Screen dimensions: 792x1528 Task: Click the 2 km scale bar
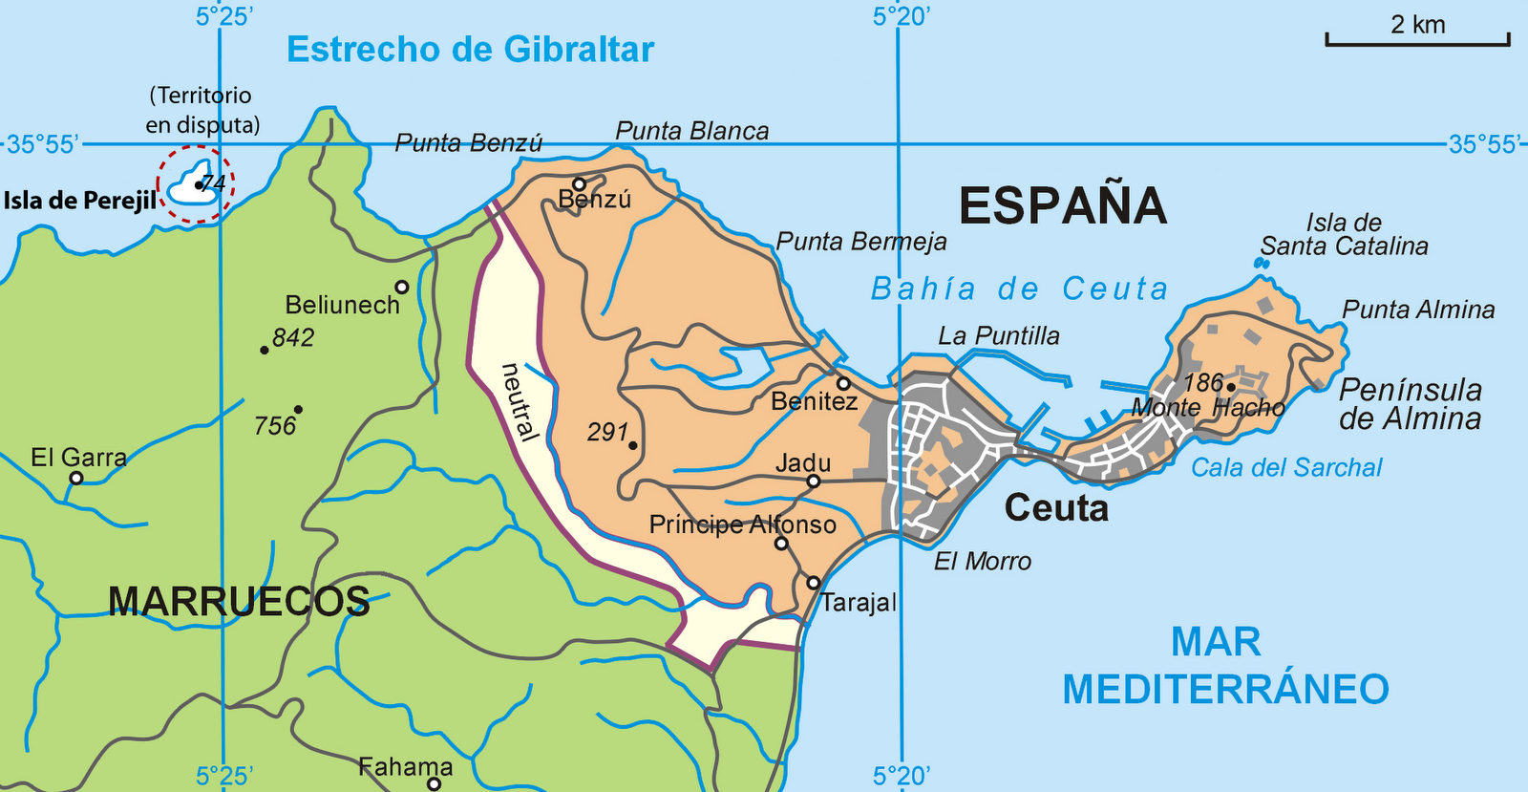click(x=1417, y=40)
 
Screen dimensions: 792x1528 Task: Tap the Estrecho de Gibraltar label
click(x=470, y=50)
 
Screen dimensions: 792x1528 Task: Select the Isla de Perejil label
click(x=80, y=201)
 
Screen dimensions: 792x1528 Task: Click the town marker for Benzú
click(x=579, y=184)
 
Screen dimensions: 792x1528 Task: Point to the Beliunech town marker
click(x=402, y=287)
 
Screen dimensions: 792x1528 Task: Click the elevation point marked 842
click(x=265, y=350)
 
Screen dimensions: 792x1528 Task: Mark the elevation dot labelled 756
click(x=298, y=410)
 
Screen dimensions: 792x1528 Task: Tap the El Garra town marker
click(x=76, y=478)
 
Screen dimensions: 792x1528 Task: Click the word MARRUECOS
click(x=239, y=602)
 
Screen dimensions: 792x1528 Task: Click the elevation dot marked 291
click(x=633, y=445)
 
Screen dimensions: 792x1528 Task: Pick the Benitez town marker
click(x=843, y=383)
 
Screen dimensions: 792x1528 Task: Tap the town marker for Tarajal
click(x=813, y=582)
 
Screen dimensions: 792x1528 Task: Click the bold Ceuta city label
click(x=1056, y=508)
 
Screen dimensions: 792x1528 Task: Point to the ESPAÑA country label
click(x=1062, y=206)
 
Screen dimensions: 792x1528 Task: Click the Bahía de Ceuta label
click(x=1019, y=289)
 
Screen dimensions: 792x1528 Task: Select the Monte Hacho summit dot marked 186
click(x=1232, y=387)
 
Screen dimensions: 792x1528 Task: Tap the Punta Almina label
click(x=1418, y=310)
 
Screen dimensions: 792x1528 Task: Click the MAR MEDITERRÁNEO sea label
click(x=1225, y=666)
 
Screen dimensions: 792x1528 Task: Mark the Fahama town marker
click(x=435, y=784)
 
